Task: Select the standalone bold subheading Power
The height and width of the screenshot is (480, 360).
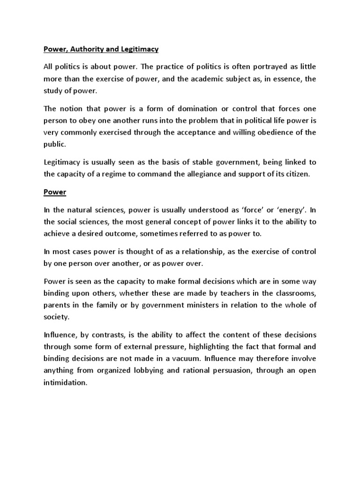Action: click(54, 192)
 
